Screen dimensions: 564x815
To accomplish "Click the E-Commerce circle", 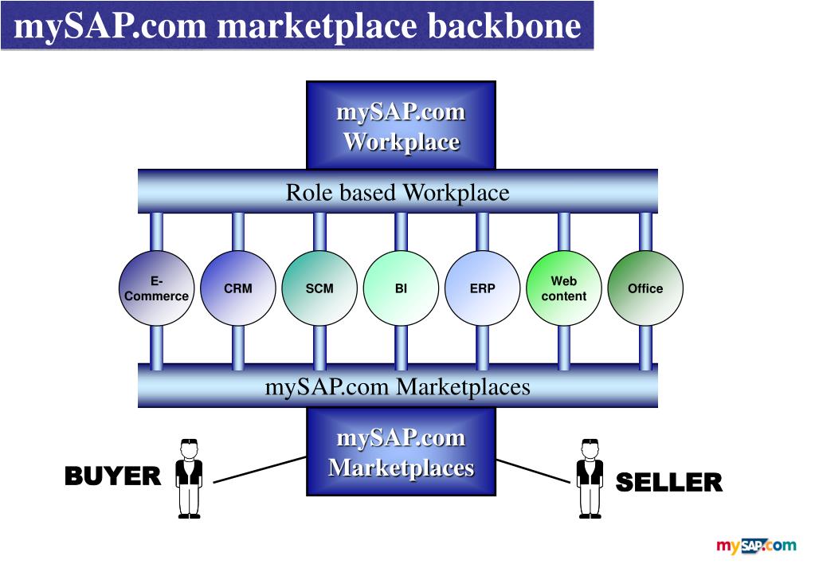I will (156, 288).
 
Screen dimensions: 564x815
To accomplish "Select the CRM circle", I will (238, 288).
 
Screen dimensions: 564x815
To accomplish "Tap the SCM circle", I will (319, 288).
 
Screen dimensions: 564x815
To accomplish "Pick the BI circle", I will (401, 288).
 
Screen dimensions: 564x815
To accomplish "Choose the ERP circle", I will (483, 288).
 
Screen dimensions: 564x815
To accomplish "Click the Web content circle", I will (564, 288).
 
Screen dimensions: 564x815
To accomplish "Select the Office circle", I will (645, 288).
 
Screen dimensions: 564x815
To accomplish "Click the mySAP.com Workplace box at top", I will (401, 126).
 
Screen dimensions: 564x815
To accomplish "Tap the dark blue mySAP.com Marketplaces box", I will (401, 452).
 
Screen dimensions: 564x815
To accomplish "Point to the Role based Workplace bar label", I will (398, 193).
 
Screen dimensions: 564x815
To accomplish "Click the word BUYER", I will (112, 476).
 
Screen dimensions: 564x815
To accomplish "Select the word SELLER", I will (669, 482).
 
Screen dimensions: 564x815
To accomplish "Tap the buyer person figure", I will (189, 478).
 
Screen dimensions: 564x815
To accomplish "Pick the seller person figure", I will (590, 478).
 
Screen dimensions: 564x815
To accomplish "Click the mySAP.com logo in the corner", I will (756, 546).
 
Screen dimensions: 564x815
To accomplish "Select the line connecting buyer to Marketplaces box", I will (260, 469).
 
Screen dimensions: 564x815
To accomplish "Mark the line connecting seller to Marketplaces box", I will (532, 471).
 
